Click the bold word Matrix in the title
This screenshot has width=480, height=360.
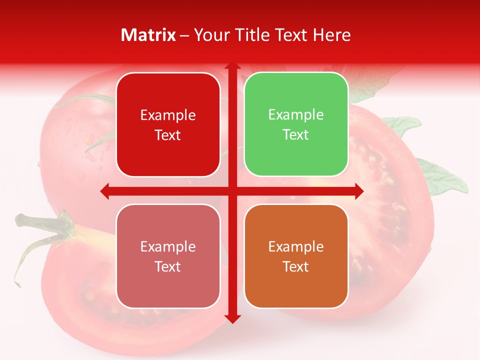[148, 35]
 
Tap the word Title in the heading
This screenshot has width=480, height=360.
[249, 35]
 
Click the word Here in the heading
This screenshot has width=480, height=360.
[331, 35]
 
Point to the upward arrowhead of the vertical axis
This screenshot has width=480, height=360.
[232, 67]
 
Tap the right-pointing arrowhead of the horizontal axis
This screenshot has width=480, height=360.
[358, 191]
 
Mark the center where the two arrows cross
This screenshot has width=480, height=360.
[232, 191]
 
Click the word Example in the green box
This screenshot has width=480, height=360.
[296, 115]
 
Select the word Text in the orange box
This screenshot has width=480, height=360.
[296, 267]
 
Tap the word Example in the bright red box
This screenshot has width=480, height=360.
[168, 115]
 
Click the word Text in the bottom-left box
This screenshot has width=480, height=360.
[168, 267]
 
